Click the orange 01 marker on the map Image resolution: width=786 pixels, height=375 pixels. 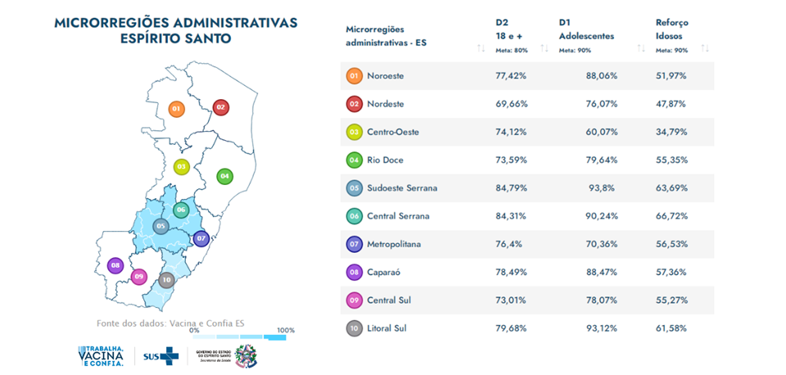click(x=176, y=108)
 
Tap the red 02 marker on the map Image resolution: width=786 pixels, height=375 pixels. click(x=221, y=107)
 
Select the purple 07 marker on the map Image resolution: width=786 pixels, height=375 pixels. click(x=201, y=239)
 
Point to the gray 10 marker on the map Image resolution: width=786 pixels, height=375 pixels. click(x=167, y=280)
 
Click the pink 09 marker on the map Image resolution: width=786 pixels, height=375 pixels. click(x=139, y=277)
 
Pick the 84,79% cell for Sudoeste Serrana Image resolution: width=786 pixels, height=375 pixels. click(x=511, y=187)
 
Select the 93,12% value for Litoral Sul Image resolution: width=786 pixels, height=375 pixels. click(x=602, y=328)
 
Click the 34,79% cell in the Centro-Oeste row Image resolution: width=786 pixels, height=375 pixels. click(x=671, y=132)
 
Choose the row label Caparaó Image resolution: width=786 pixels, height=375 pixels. click(x=383, y=272)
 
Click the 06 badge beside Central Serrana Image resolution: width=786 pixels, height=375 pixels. click(x=355, y=216)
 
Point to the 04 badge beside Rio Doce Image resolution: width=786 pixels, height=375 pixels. click(x=355, y=160)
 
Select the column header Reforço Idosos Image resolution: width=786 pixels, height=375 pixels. click(x=671, y=29)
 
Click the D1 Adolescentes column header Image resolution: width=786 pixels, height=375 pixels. click(x=586, y=29)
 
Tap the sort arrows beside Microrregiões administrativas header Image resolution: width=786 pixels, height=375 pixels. click(x=481, y=48)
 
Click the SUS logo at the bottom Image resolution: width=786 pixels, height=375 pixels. click(x=160, y=355)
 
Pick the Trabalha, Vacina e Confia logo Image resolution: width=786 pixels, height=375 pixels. click(x=101, y=355)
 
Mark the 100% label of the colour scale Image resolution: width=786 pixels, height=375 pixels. click(x=286, y=331)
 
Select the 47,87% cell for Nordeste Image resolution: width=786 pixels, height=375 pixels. click(x=671, y=104)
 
